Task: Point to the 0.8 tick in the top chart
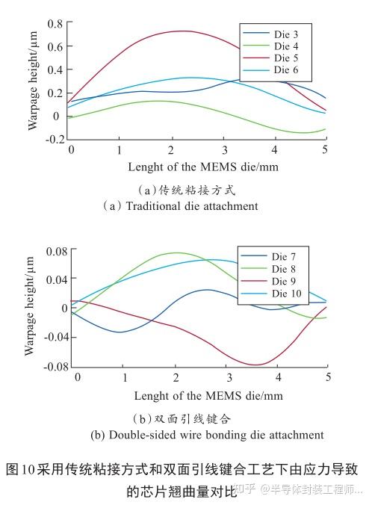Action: tap(55, 24)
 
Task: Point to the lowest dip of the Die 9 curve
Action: tap(256, 365)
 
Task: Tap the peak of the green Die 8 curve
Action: tap(176, 252)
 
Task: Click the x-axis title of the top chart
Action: tap(202, 167)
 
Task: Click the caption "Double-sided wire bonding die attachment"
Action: tap(207, 434)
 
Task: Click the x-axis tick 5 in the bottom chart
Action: tap(328, 377)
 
